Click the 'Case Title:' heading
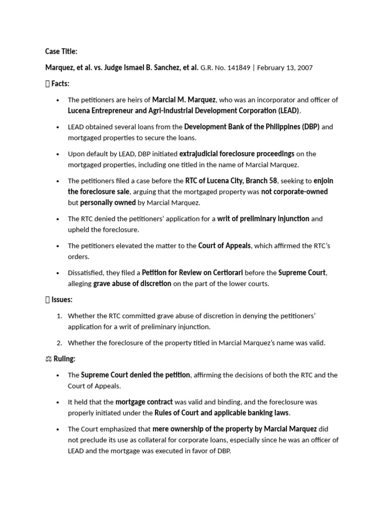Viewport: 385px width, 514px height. pyautogui.click(x=61, y=51)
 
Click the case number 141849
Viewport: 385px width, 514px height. pyautogui.click(x=239, y=68)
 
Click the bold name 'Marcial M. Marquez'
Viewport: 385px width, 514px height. pyautogui.click(x=184, y=99)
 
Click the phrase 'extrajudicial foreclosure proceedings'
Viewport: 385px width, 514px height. pyautogui.click(x=237, y=154)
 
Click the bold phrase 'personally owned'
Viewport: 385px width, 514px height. pyautogui.click(x=108, y=203)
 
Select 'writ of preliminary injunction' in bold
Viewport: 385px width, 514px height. pyautogui.click(x=263, y=219)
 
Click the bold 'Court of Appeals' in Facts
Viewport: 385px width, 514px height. pyautogui.click(x=224, y=245)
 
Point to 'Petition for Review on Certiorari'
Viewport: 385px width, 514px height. pyautogui.click(x=192, y=273)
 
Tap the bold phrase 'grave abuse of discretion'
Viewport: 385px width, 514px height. pyautogui.click(x=132, y=284)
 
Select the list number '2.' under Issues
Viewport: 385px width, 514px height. pyautogui.click(x=59, y=343)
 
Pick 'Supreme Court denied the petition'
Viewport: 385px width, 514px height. pyautogui.click(x=135, y=375)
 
